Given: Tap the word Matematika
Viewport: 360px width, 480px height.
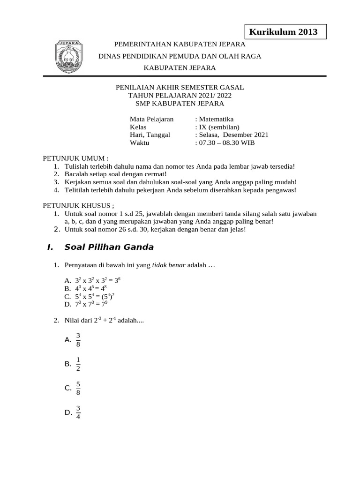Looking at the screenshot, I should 216,119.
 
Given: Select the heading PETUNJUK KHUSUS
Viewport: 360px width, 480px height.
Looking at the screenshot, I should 78,205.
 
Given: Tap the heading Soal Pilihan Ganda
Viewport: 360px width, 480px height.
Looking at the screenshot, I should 109,247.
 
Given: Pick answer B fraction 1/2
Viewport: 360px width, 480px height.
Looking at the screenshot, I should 78,364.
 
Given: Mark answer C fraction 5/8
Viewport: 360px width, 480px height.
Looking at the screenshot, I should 78,388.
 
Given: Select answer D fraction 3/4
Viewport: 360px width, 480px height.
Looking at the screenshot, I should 78,412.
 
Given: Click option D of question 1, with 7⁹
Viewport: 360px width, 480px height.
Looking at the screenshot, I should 90,304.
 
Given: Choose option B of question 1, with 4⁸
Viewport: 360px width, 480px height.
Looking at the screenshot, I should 90,288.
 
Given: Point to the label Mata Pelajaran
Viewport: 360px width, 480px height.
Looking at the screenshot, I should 151,119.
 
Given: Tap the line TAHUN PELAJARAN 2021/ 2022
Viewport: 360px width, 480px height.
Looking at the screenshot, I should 180,95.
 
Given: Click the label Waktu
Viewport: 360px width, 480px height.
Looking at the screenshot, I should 139,143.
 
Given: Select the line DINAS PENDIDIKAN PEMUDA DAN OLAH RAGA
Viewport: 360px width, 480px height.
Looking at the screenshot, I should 180,56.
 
